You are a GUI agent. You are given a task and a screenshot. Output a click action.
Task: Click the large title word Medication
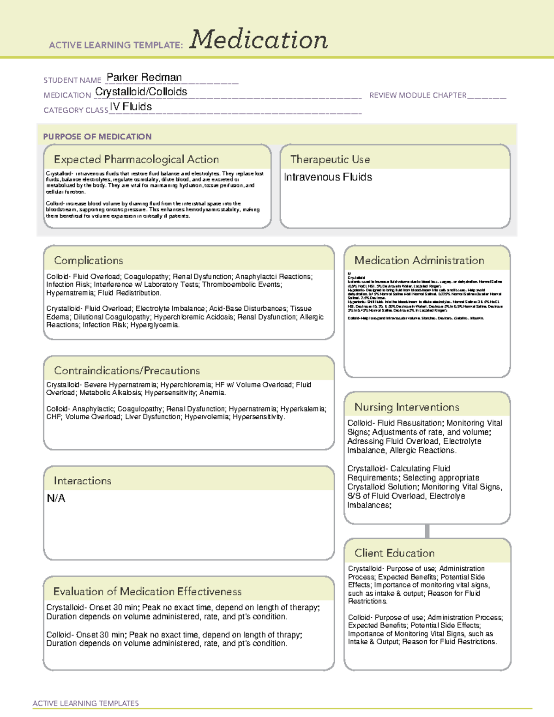[x=259, y=40]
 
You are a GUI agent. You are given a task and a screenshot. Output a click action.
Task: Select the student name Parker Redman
[x=144, y=77]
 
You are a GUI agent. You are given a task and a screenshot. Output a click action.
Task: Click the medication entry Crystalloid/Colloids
[x=141, y=92]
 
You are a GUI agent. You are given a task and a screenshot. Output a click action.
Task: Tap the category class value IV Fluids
[x=131, y=107]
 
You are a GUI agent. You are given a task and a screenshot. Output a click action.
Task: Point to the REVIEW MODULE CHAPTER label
[x=418, y=95]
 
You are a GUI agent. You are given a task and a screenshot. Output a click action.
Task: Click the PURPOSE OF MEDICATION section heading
[x=97, y=137]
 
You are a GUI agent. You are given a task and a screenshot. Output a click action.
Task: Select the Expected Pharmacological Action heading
[x=136, y=159]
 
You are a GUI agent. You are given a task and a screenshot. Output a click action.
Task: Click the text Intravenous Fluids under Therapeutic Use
[x=328, y=177]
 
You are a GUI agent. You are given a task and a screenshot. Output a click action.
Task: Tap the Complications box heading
[x=88, y=260]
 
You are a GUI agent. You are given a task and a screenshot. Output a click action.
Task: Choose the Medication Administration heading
[x=419, y=260]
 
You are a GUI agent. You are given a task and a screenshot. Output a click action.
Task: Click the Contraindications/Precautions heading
[x=126, y=370]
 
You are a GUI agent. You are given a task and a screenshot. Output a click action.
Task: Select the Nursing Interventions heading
[x=406, y=407]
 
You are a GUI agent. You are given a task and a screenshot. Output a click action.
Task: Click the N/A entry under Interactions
[x=56, y=498]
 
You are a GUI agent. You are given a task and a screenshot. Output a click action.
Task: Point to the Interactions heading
[x=82, y=481]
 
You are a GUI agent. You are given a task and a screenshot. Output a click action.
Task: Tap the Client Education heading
[x=394, y=553]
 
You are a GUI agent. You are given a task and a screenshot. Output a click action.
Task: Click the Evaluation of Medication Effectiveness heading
[x=147, y=591]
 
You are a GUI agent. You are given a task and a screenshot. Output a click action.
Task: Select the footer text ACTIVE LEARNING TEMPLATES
[x=85, y=703]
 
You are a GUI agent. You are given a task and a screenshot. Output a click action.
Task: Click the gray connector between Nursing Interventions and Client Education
[x=427, y=531]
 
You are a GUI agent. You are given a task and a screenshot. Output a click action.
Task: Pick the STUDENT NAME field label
[x=72, y=80]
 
